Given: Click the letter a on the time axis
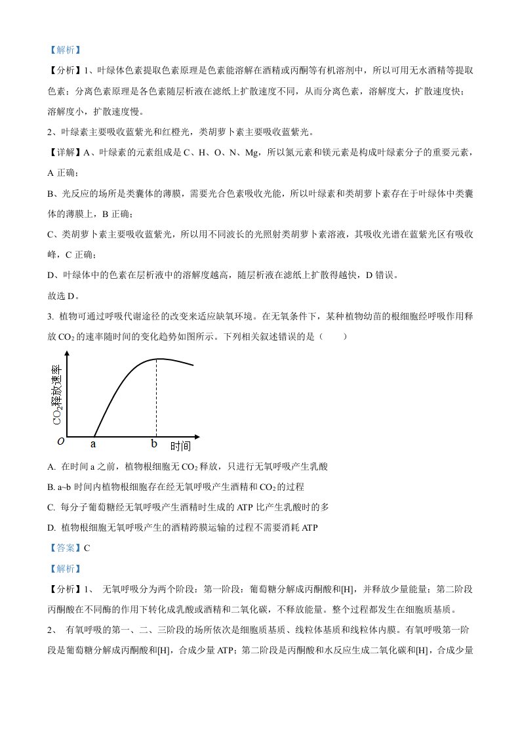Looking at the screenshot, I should [x=93, y=444].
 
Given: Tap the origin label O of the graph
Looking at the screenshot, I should [x=60, y=442].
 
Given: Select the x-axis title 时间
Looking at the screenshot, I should [x=180, y=447].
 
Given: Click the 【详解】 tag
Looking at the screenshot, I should [x=64, y=153].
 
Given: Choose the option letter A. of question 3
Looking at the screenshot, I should [x=52, y=466].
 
